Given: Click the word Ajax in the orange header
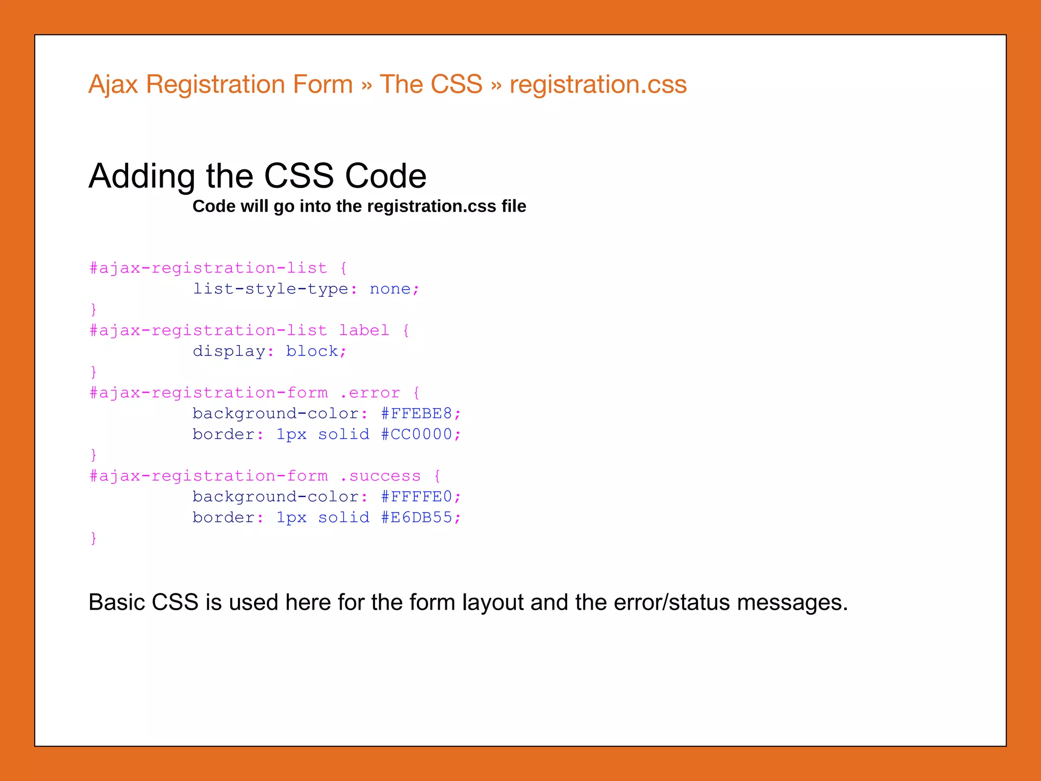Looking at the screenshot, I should tap(113, 84).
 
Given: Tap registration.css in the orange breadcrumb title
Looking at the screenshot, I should tap(598, 84).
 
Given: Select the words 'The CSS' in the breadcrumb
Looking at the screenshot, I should tap(431, 84).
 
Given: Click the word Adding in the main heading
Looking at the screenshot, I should tap(142, 176).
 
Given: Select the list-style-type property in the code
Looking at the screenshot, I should tap(270, 289).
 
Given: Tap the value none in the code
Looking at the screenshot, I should tap(390, 289).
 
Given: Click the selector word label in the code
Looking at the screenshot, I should tap(364, 331).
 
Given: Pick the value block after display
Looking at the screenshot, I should tap(312, 351).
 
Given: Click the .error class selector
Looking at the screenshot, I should tap(370, 393).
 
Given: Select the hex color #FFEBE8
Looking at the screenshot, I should tap(416, 414).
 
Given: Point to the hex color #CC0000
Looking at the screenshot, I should tap(416, 434).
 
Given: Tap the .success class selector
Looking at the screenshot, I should tap(380, 476).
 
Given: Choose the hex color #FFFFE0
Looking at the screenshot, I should tap(416, 497).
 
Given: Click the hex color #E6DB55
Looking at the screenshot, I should tap(416, 518).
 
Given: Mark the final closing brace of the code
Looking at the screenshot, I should tap(94, 538).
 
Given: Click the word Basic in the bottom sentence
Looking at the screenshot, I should tap(116, 603).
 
